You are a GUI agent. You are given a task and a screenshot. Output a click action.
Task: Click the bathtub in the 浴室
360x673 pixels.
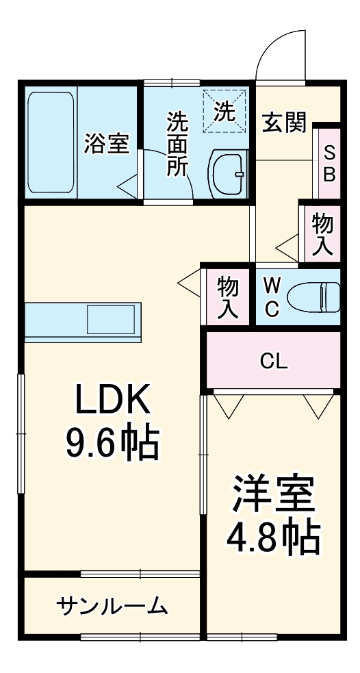[x=51, y=142]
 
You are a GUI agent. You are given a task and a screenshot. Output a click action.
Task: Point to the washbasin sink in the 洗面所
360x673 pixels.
[x=229, y=173]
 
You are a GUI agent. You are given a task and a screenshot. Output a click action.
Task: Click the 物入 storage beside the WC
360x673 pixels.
[x=227, y=297]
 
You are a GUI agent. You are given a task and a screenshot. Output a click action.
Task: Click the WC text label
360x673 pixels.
[x=271, y=297]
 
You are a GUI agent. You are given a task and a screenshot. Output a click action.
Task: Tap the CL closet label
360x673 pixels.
[x=274, y=361]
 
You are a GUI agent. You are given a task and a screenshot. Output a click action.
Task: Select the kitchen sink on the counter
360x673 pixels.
[x=111, y=320]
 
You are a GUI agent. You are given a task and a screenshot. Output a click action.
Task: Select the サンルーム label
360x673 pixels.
[x=112, y=605]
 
